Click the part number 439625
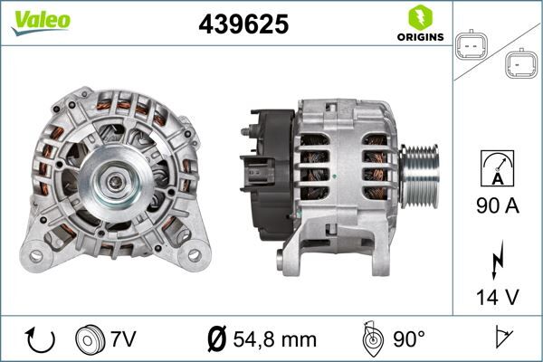[x=243, y=25]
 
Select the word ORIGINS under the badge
[x=419, y=37]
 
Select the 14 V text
[x=497, y=295]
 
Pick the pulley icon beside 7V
[x=91, y=339]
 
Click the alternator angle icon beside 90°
[x=373, y=338]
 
